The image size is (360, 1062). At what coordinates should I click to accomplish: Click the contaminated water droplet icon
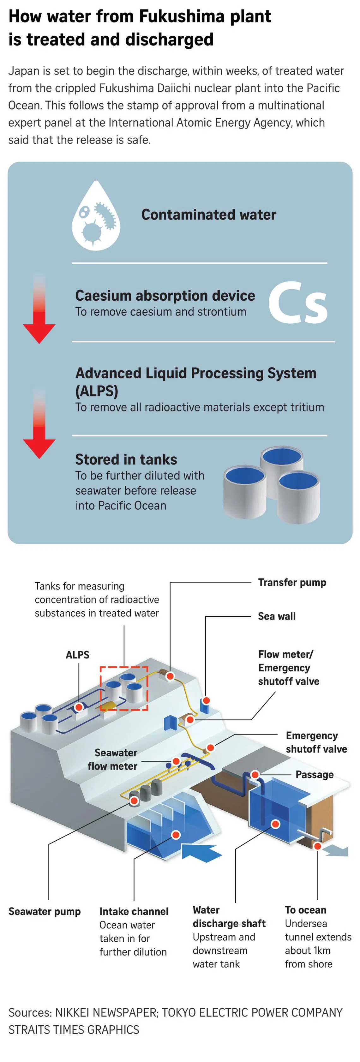coord(96,216)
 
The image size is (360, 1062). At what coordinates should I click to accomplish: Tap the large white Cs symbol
coord(298,303)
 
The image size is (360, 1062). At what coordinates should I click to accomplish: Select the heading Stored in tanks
coord(126,459)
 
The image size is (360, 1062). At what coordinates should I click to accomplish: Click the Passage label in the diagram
coord(314,774)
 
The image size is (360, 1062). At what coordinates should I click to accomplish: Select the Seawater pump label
coord(45,911)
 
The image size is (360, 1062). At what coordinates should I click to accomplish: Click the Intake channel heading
coord(134,911)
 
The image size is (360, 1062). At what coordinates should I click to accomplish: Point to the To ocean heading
coord(305,909)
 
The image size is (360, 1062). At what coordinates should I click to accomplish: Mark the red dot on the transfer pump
coord(170,676)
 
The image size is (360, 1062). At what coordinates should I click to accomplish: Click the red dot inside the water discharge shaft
coord(275,824)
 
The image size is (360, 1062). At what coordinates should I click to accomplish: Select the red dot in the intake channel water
coord(176,835)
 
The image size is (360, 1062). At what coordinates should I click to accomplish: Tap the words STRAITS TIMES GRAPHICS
coord(74,1029)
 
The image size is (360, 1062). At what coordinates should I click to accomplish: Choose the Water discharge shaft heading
coord(229,916)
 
